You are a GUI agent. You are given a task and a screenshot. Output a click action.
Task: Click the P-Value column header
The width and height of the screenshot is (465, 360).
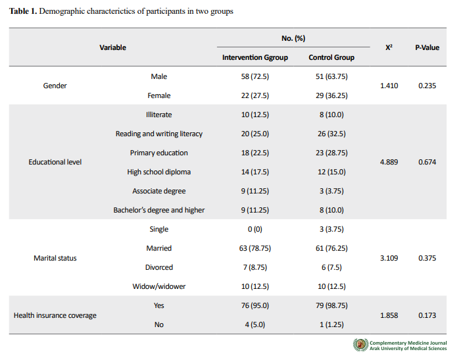427,47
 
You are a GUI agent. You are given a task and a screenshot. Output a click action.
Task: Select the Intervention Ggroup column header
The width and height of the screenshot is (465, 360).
255,57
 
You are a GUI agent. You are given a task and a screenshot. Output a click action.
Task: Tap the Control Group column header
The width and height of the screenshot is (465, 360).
331,57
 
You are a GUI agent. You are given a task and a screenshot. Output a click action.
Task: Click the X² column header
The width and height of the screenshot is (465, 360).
389,47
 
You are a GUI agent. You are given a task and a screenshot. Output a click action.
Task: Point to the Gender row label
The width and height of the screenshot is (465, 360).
55,86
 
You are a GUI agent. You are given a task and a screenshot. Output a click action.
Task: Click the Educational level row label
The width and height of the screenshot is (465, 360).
55,162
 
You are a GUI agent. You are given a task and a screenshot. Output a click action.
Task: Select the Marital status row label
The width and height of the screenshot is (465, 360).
55,258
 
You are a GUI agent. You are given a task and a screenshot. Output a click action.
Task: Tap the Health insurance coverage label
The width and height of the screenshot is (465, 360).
55,315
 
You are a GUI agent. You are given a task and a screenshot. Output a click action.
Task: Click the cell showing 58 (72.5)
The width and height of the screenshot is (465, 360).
255,76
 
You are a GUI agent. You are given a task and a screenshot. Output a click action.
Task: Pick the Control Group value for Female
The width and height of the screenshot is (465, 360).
331,95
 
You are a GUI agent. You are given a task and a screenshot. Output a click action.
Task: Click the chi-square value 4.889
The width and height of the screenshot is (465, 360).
389,162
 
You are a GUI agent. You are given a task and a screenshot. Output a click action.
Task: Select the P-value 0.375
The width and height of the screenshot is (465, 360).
427,258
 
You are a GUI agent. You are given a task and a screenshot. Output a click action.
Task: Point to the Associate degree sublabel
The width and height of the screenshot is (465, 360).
159,191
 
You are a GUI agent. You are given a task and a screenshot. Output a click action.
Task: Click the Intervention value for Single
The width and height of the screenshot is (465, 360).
255,229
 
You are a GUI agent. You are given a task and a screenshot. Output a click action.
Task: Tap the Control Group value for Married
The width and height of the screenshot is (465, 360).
331,248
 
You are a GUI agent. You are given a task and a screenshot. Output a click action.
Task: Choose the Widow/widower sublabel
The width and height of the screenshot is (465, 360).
159,286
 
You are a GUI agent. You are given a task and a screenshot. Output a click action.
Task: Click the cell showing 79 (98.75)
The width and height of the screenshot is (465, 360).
331,305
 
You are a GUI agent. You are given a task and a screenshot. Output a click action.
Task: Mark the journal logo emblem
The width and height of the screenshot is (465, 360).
360,345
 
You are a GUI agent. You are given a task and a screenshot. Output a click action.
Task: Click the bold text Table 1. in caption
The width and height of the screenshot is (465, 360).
23,11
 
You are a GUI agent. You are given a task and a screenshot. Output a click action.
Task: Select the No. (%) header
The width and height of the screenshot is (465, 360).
293,38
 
